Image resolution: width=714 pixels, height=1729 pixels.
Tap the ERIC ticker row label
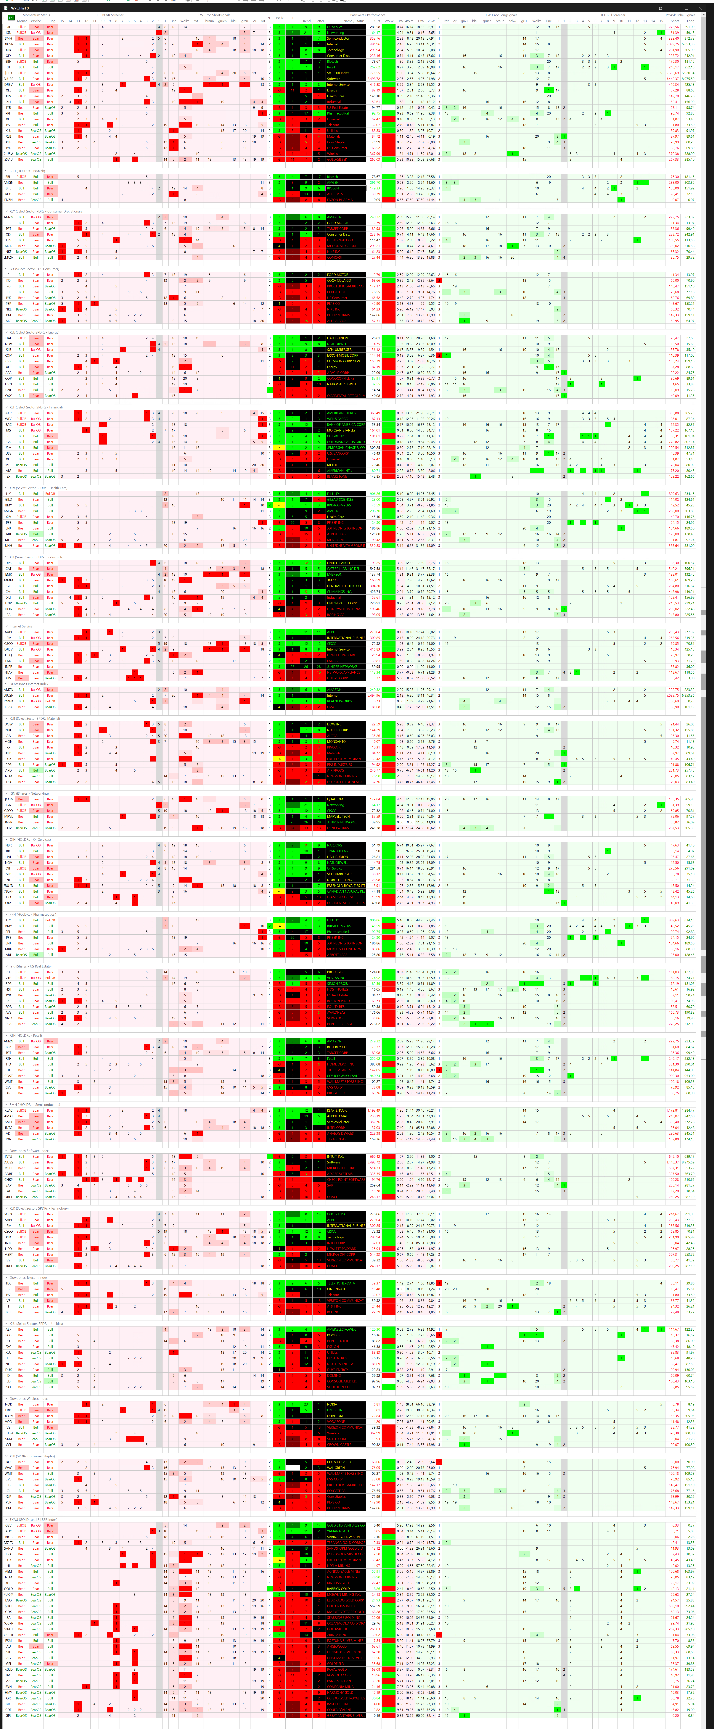8,1410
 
